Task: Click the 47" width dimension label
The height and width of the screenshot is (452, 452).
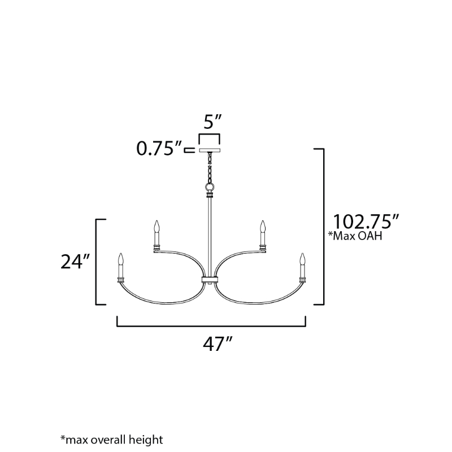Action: [218, 344]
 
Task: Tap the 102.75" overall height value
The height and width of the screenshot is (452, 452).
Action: [366, 221]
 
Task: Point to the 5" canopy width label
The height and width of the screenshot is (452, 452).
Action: [213, 121]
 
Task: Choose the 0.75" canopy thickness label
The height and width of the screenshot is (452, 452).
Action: [159, 149]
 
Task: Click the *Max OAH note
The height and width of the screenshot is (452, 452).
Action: [355, 236]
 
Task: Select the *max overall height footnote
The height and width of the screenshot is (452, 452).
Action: [111, 440]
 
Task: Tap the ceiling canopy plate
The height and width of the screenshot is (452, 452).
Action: [210, 150]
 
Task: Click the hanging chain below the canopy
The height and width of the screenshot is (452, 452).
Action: [210, 167]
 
